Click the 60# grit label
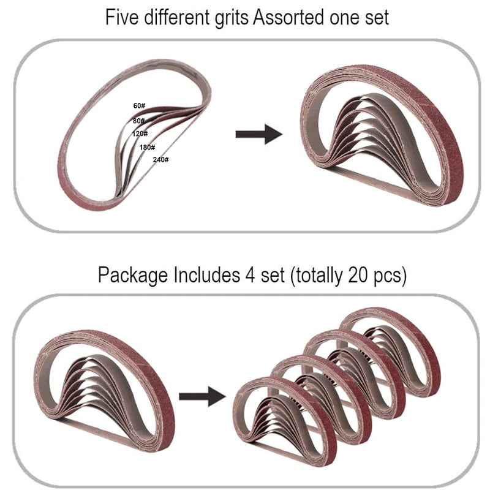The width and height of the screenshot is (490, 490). coord(139,106)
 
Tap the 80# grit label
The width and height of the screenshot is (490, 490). coord(138,121)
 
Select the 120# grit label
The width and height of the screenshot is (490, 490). coord(140,134)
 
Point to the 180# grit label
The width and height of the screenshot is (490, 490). coord(147,147)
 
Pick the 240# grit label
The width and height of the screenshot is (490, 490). coord(160,160)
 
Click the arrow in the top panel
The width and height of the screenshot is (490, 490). coord(258,134)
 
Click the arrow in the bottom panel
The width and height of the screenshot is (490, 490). coord(202,396)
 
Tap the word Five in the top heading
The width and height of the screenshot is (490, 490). coord(122,17)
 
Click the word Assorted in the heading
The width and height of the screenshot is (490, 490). coord(288,18)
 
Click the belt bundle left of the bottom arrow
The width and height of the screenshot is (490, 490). coord(104,391)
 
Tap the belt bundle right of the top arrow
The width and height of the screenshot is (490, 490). coord(382,135)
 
